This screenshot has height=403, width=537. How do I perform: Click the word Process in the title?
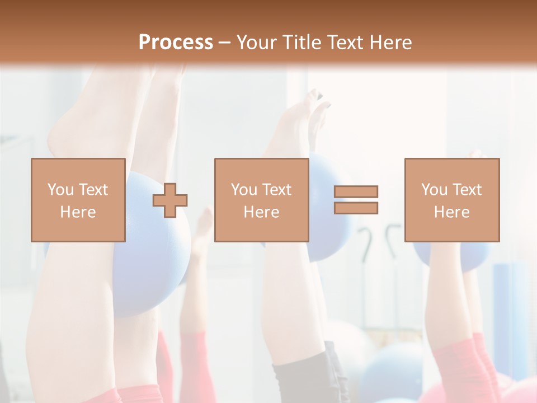click(176, 43)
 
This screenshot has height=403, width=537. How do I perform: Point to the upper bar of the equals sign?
click(356, 192)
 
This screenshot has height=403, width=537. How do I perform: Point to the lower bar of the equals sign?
click(356, 208)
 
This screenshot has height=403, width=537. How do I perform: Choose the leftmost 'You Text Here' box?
click(78, 200)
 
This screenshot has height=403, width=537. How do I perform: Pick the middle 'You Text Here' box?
click(261, 200)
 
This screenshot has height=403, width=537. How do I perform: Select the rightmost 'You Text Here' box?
click(451, 200)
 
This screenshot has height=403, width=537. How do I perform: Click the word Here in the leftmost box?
click(78, 212)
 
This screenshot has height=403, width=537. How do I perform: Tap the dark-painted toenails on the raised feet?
click(322, 98)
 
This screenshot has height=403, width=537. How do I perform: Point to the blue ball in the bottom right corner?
click(392, 369)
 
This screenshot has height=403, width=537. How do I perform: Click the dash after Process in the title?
click(224, 43)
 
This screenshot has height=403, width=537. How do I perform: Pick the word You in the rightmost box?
click(435, 190)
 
